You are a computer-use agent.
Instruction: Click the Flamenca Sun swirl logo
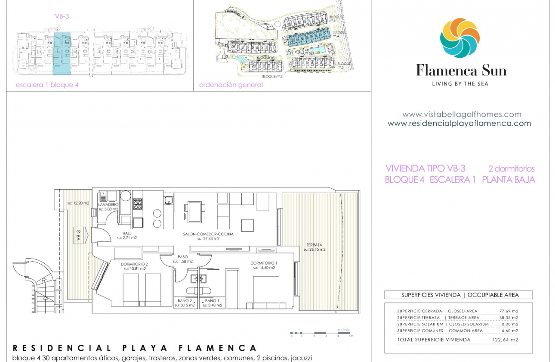pos(459,38)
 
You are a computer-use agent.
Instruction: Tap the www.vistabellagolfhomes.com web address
pos(462,115)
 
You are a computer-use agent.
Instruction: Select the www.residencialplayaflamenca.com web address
pos(459,123)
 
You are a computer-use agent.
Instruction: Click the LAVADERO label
pos(108,205)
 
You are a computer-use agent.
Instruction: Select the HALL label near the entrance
pos(127,233)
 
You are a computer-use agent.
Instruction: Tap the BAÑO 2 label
pos(185,301)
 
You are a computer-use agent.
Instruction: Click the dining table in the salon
pos(195,212)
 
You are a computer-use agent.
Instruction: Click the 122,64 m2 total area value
pos(505,340)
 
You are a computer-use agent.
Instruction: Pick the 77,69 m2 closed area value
pos(508,311)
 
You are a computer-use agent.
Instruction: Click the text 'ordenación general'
pos(231,85)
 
